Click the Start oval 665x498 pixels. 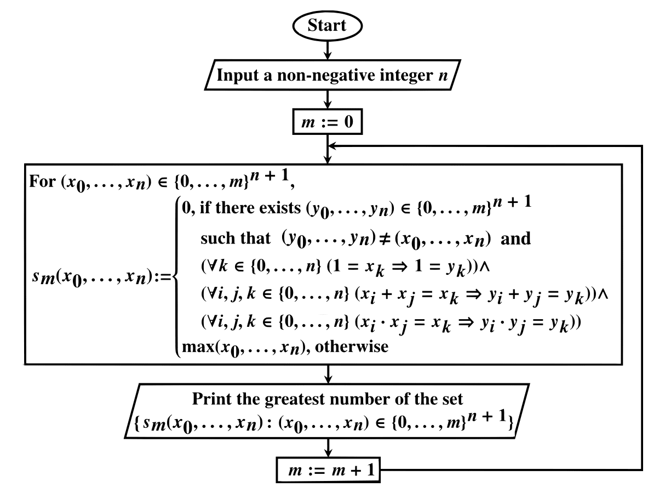(328, 25)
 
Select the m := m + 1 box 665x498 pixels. (327, 471)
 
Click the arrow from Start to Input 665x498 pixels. (328, 49)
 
